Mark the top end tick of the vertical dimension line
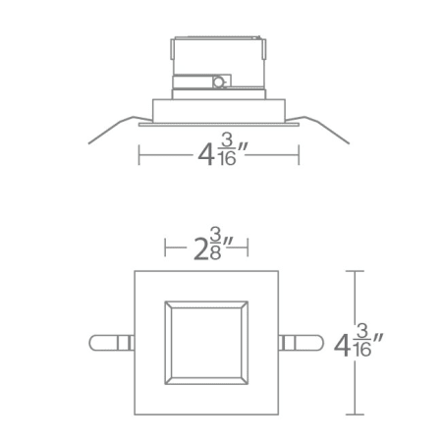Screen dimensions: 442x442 tap(356, 271)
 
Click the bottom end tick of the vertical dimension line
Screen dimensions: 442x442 tap(356, 415)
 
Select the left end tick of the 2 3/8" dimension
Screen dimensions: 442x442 tap(165, 244)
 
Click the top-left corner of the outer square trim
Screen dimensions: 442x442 tap(135, 271)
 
